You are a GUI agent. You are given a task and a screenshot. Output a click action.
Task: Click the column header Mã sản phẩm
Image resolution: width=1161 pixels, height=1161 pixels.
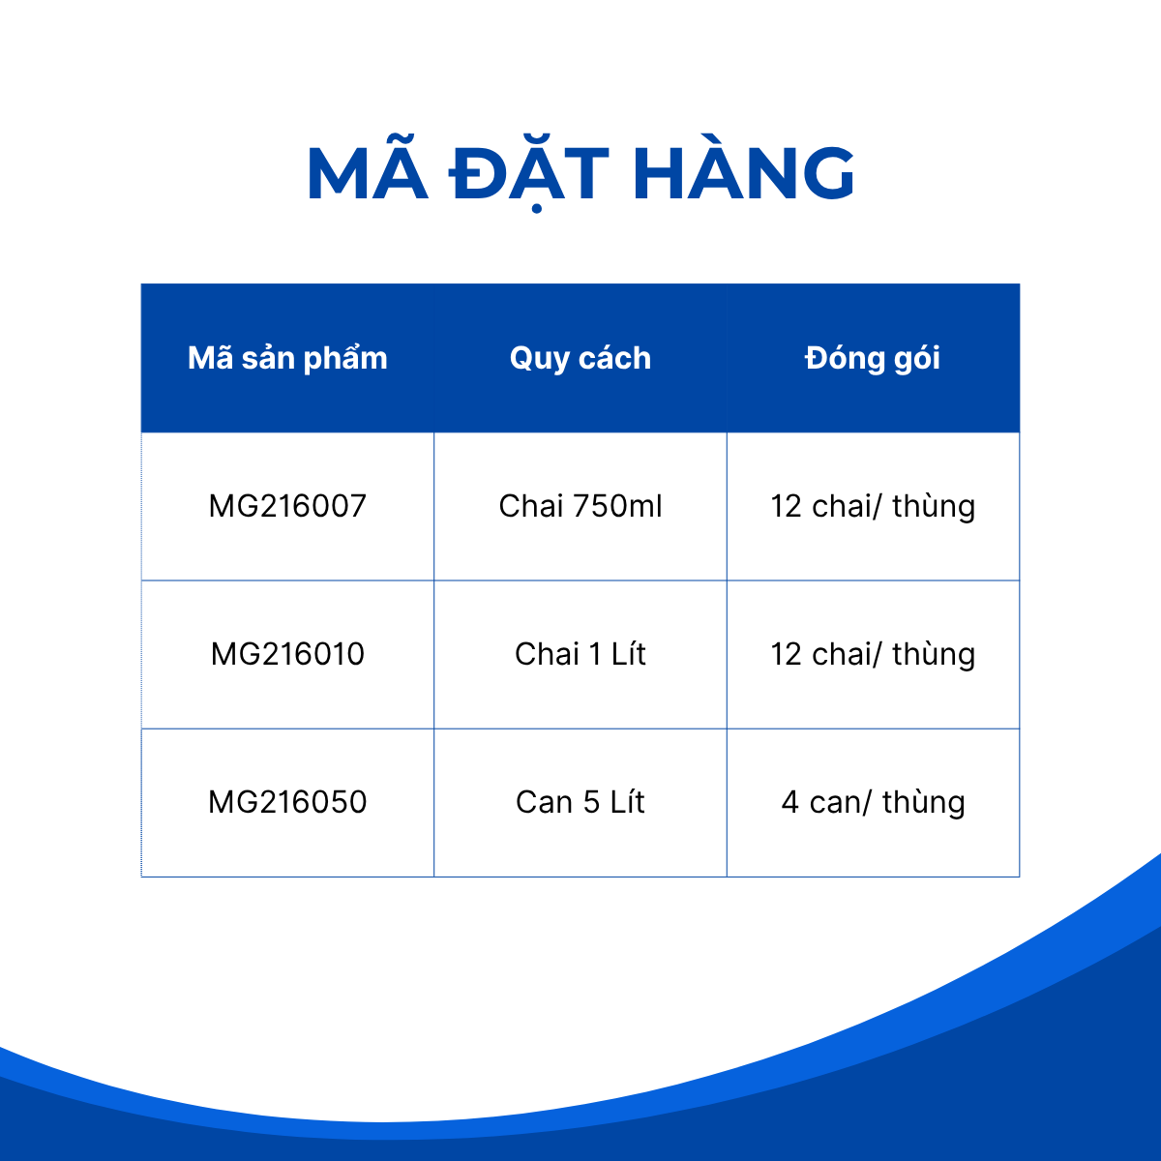[x=287, y=359]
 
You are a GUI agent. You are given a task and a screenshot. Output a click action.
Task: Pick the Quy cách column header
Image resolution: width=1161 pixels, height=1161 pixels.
[x=580, y=359]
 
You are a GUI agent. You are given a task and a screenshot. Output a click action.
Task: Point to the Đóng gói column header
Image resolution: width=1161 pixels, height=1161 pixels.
[x=873, y=357]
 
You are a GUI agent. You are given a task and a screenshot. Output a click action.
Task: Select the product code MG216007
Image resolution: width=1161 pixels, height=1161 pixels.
[x=287, y=505]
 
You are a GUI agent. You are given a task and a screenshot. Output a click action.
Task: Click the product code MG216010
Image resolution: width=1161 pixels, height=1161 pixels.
[x=287, y=654]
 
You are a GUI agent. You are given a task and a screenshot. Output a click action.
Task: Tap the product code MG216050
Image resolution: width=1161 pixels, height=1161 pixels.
[x=287, y=802]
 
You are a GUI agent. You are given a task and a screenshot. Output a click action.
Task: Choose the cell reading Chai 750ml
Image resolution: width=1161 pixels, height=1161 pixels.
[x=580, y=505]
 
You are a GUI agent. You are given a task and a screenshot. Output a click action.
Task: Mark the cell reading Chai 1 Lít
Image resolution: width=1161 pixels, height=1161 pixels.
[x=580, y=654]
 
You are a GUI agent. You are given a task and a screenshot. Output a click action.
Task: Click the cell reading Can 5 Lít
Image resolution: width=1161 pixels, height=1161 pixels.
[x=580, y=802]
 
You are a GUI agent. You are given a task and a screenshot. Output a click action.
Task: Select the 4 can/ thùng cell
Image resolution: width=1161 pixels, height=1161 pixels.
[x=873, y=803]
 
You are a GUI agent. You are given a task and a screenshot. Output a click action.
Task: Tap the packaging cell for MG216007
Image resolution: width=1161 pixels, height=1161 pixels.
[x=873, y=507]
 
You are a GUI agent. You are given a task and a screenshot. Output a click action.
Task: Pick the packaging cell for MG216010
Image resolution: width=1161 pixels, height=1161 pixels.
[x=873, y=655]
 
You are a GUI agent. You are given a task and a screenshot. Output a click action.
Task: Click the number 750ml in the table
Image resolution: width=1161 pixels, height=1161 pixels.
[x=617, y=505]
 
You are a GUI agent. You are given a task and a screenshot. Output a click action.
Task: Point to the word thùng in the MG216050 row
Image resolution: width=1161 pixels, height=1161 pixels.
[x=924, y=804]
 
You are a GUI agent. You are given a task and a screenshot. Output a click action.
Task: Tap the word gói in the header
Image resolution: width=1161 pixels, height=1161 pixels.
[x=917, y=359]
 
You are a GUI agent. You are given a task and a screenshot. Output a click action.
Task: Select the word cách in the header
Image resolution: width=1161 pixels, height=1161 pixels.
[x=614, y=358]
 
